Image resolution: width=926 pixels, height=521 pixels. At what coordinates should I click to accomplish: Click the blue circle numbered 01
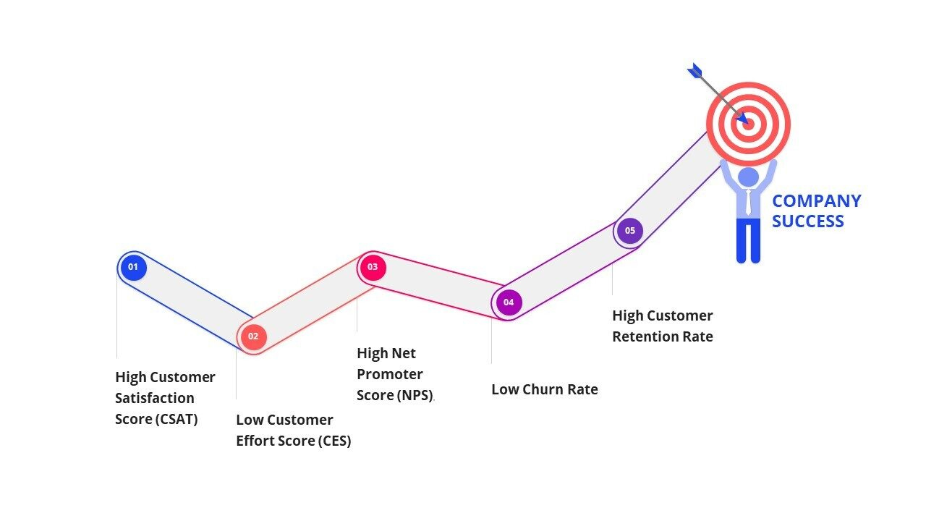pyautogui.click(x=133, y=267)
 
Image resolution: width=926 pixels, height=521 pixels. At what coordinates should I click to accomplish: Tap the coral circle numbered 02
pyautogui.click(x=253, y=336)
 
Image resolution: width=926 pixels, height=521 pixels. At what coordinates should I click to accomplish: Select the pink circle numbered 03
pyautogui.click(x=372, y=267)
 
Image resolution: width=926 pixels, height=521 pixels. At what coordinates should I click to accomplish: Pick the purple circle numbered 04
pyautogui.click(x=509, y=302)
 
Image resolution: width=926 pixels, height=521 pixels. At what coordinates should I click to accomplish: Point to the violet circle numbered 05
pyautogui.click(x=630, y=231)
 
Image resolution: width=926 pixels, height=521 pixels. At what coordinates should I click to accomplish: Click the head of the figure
pyautogui.click(x=748, y=177)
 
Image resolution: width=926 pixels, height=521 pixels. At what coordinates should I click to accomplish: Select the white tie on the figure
pyautogui.click(x=748, y=202)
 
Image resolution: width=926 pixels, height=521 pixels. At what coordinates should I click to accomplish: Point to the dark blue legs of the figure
pyautogui.click(x=748, y=240)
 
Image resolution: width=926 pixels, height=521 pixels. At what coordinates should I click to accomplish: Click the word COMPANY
pyautogui.click(x=816, y=201)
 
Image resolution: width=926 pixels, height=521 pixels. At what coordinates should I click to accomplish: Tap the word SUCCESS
pyautogui.click(x=807, y=221)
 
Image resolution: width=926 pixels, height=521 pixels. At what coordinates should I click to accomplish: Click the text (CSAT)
pyautogui.click(x=176, y=419)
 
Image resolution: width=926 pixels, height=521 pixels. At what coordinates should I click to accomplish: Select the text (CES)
pyautogui.click(x=334, y=441)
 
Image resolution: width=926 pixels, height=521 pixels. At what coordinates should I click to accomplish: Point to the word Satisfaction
pyautogui.click(x=155, y=398)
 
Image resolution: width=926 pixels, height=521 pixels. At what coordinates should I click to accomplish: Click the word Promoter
pyautogui.click(x=389, y=374)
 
